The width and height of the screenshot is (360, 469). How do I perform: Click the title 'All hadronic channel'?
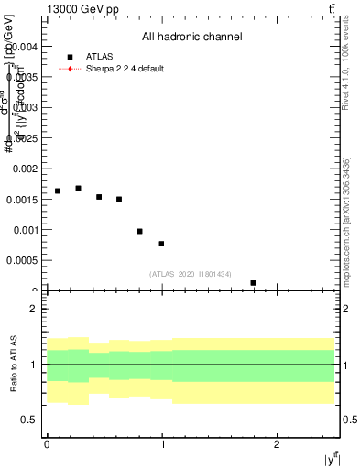click(x=191, y=38)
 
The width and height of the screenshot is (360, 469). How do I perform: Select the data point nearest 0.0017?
click(x=78, y=189)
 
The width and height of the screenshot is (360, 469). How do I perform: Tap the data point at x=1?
click(x=161, y=244)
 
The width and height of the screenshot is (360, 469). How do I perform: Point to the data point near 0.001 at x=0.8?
click(x=139, y=231)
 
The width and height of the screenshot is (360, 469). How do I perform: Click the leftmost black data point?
click(x=58, y=191)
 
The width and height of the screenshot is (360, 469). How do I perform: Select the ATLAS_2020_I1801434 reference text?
click(x=191, y=274)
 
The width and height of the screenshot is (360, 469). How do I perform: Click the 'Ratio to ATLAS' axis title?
click(x=14, y=364)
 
